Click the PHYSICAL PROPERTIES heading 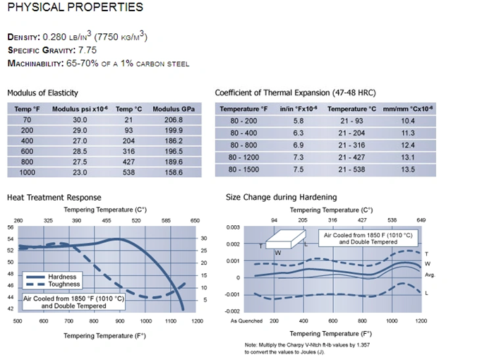pyautogui.click(x=75, y=8)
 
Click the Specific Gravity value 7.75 pyautogui.click(x=84, y=50)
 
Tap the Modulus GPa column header pyautogui.click(x=173, y=109)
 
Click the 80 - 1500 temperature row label pyautogui.click(x=243, y=169)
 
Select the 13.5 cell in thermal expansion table pyautogui.click(x=408, y=169)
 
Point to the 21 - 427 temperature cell pyautogui.click(x=351, y=157)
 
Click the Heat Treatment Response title pyautogui.click(x=54, y=198)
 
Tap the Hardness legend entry pyautogui.click(x=62, y=277)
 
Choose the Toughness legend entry pyautogui.click(x=64, y=284)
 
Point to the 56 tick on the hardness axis pyautogui.click(x=11, y=227)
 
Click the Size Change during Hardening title pyautogui.click(x=281, y=198)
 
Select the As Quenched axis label pyautogui.click(x=246, y=320)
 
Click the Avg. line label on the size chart pyautogui.click(x=430, y=274)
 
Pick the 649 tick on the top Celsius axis pyautogui.click(x=422, y=220)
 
